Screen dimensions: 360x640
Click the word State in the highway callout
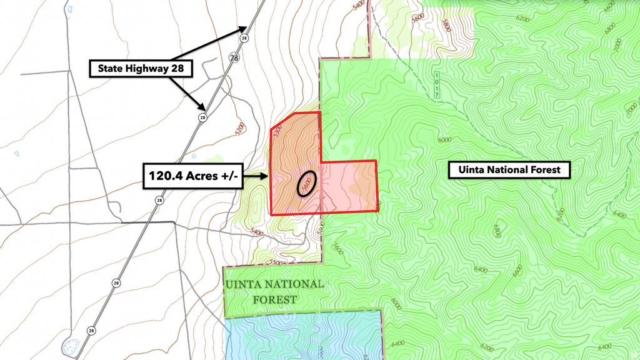tap(113, 69)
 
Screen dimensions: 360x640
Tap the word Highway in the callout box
tap(148, 69)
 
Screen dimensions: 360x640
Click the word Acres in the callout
tap(201, 176)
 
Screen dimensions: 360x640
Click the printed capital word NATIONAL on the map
tap(293, 284)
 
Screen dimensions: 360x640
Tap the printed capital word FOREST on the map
tap(274, 299)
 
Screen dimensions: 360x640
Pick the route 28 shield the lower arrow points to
tap(203, 117)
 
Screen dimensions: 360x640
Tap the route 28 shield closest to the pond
tap(92, 330)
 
